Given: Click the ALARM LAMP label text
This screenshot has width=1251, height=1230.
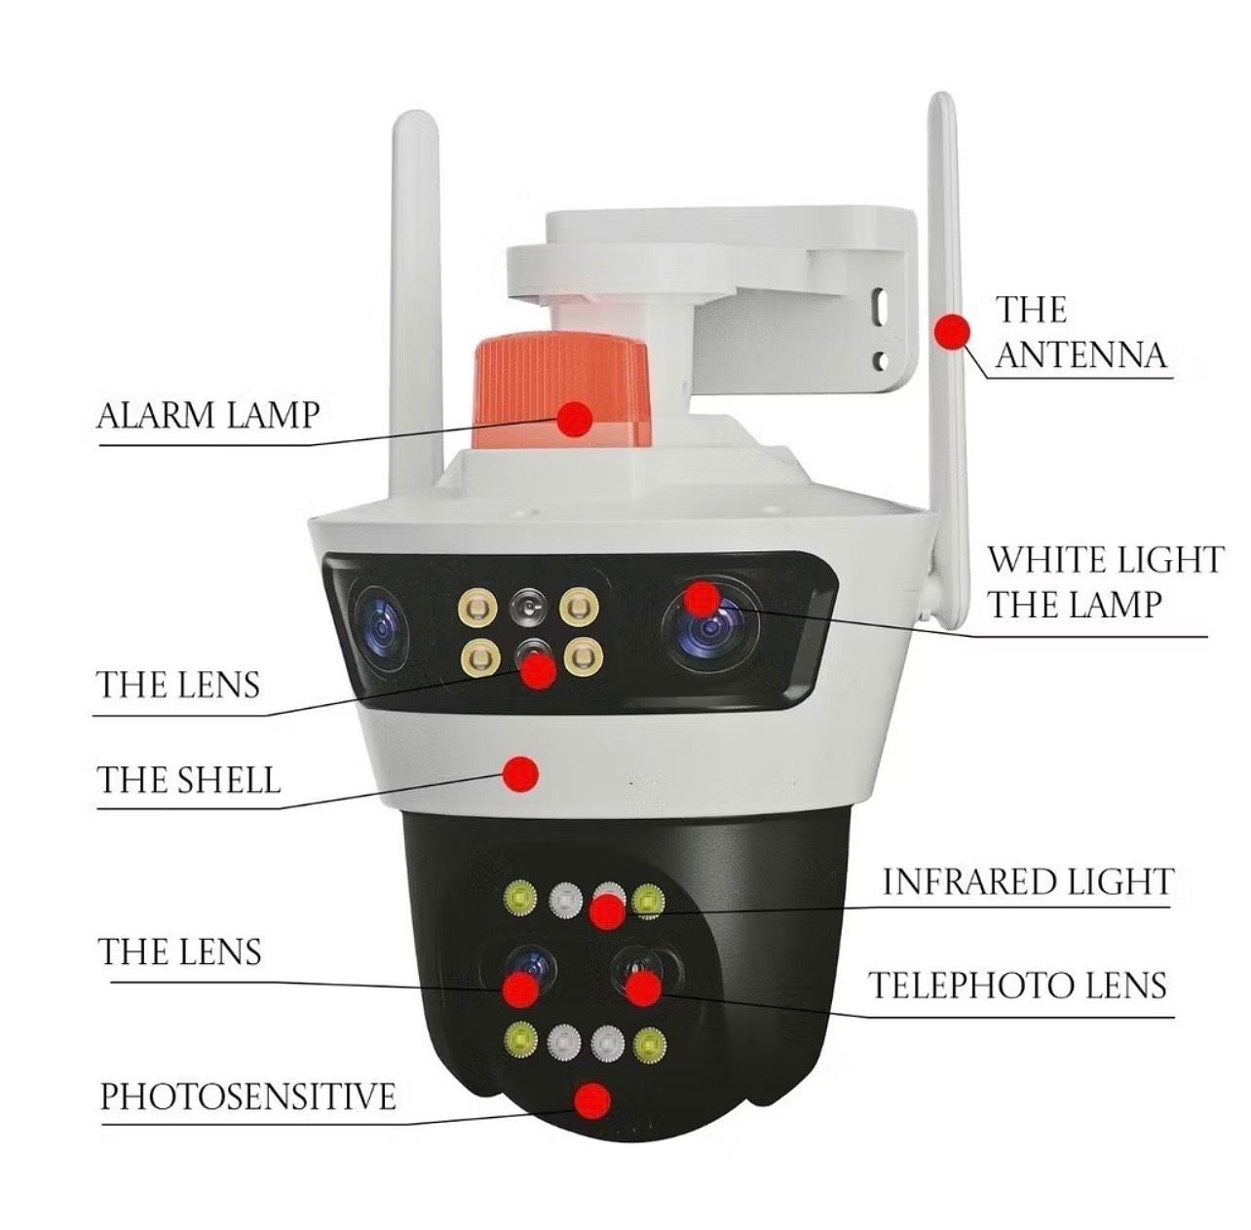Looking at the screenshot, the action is tap(208, 415).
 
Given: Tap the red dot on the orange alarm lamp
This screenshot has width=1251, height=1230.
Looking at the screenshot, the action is tap(574, 418).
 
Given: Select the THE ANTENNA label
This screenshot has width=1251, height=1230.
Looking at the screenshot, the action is tap(1080, 332).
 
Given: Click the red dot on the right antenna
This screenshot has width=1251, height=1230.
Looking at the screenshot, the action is tap(952, 332).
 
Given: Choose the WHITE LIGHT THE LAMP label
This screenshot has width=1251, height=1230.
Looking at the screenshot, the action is tap(1106, 582).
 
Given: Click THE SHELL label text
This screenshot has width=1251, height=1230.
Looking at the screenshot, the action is tap(189, 779).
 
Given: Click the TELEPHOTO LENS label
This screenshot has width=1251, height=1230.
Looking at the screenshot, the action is tap(1018, 986).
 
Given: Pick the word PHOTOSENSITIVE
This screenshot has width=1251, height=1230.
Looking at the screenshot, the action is tap(248, 1097).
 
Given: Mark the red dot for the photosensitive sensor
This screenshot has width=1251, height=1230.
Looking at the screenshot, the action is tap(592, 1100).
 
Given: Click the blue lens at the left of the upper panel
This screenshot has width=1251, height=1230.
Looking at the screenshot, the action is tap(380, 628).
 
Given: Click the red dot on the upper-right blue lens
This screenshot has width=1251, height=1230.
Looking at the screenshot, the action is tap(701, 599).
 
